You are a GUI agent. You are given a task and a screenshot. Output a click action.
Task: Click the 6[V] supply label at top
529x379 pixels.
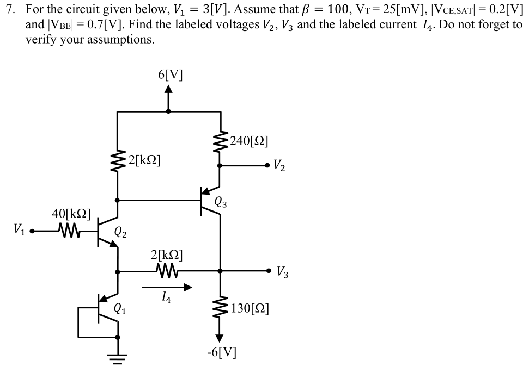pos(170,74)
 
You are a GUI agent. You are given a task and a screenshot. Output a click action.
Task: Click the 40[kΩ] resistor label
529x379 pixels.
pos(71,213)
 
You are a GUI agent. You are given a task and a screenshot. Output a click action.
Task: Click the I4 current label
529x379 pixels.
pos(167,297)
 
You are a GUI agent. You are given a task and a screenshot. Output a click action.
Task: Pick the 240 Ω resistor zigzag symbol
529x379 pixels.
pos(220,142)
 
